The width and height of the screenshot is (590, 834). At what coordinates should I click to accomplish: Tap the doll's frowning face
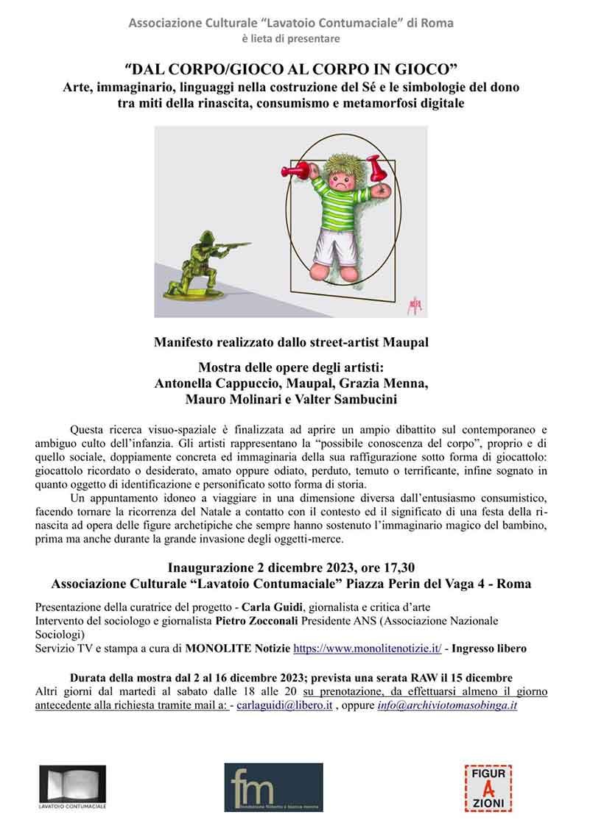pos(341,182)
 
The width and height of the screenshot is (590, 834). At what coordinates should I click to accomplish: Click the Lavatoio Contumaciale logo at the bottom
pos(72,787)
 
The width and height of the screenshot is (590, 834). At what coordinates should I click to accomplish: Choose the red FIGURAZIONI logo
pos(488,788)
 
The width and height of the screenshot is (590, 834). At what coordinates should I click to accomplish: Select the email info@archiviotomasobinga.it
pos(447,705)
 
